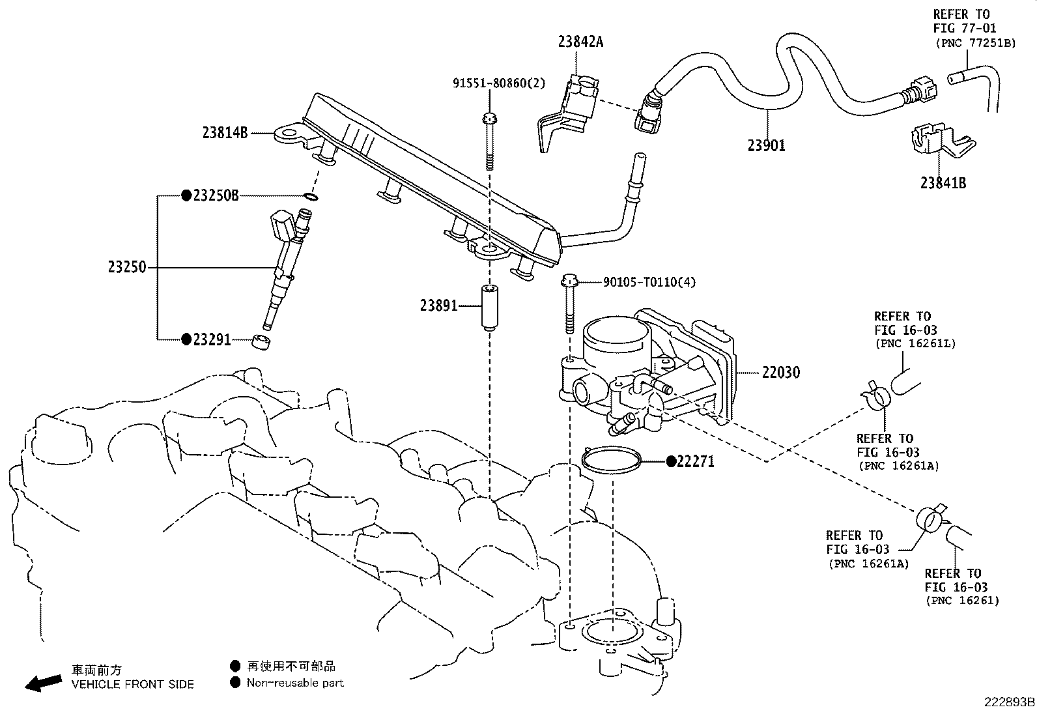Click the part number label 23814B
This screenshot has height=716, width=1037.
click(225, 133)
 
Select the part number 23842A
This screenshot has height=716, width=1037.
click(580, 42)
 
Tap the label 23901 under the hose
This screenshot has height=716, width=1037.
click(766, 146)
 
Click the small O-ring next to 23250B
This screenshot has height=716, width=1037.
click(311, 196)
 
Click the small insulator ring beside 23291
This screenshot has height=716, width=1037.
click(261, 341)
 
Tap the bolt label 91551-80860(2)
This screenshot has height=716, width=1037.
click(499, 83)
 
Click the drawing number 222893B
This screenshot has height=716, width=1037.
click(1008, 702)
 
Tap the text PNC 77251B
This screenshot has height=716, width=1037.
click(975, 43)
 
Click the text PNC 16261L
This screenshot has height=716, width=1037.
click(915, 344)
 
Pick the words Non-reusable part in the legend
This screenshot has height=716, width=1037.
click(295, 683)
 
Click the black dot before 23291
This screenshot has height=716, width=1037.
click(186, 339)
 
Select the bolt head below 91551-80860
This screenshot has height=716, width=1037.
click(489, 119)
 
